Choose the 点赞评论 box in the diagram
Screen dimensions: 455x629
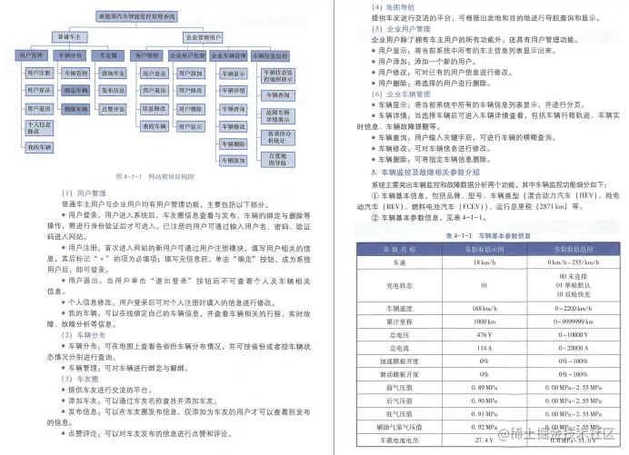point(113,108)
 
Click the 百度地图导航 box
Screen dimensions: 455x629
point(278,159)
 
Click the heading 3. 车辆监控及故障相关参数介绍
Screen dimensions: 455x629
point(431,171)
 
